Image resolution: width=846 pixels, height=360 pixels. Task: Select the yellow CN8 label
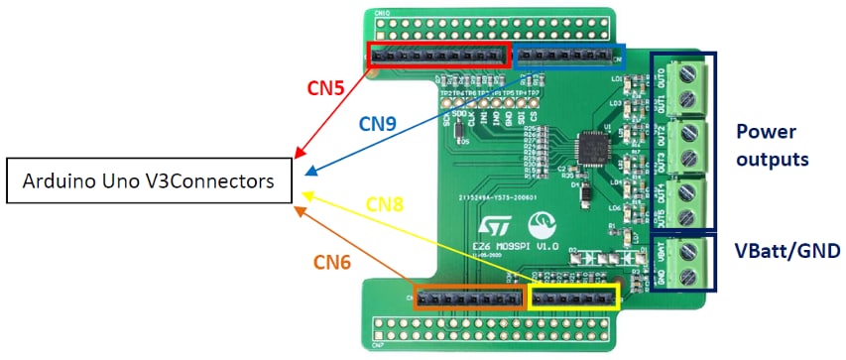[386, 204]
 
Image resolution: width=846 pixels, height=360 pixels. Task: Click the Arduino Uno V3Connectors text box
[149, 181]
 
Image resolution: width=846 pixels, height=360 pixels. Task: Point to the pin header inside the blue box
[570, 55]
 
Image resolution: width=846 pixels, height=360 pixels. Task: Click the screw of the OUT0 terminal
[688, 70]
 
